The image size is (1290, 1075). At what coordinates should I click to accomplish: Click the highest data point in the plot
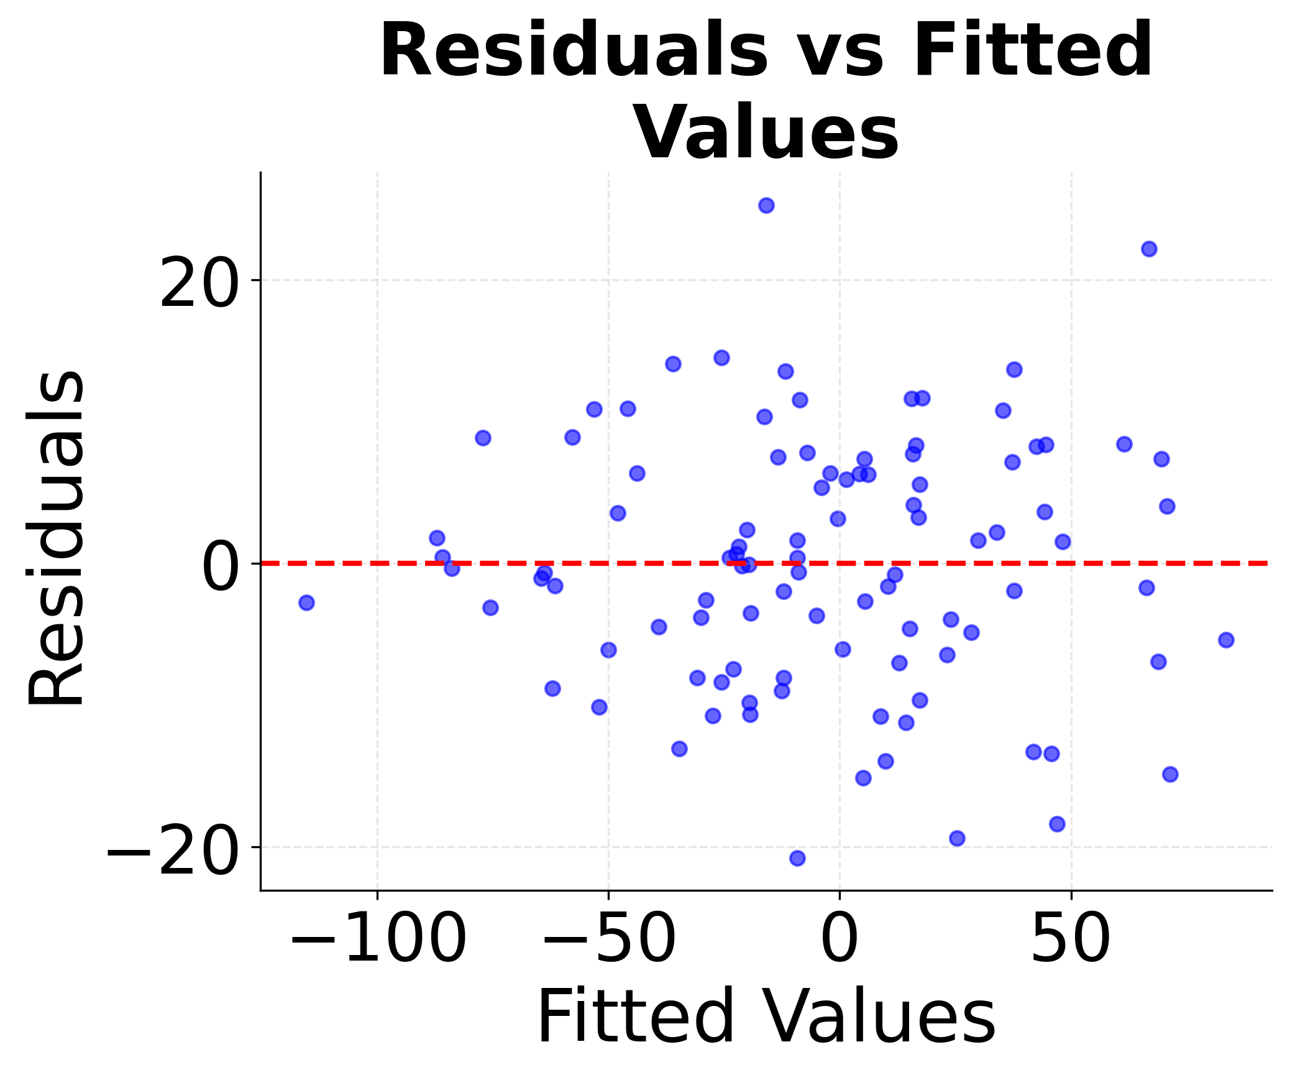(x=766, y=206)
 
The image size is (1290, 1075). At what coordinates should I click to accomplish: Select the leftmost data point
(x=306, y=602)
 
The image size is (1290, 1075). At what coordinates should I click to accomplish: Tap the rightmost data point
(x=1226, y=640)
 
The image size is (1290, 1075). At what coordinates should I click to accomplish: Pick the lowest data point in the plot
(x=797, y=858)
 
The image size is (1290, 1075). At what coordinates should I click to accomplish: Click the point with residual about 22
(x=1149, y=249)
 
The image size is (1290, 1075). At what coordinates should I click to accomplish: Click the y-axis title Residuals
(x=56, y=538)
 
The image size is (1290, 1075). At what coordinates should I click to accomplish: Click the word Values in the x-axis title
(x=880, y=1018)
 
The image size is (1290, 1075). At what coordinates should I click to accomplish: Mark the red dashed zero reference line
(x=621, y=563)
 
